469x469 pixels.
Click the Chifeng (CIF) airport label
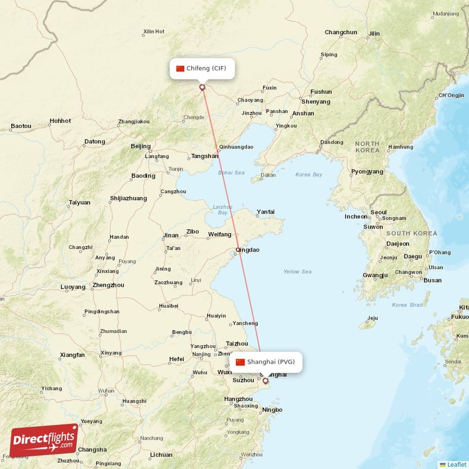(x=202, y=69)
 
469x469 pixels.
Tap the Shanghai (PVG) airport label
(x=267, y=362)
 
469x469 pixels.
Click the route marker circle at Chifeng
(x=202, y=87)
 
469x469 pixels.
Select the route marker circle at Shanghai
(x=265, y=381)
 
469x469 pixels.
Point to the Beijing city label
(x=141, y=146)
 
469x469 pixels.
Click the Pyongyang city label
(x=366, y=172)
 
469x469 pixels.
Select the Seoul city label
(x=378, y=212)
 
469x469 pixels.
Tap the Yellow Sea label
(x=297, y=271)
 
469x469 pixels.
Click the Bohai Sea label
(x=231, y=173)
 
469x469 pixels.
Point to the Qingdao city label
(x=247, y=250)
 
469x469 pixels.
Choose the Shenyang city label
(x=316, y=101)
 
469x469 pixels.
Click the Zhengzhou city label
(x=108, y=286)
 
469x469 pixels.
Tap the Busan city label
(x=432, y=280)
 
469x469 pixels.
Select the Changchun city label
(x=341, y=32)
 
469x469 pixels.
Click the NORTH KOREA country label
(x=367, y=147)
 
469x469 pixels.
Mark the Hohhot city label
(x=60, y=121)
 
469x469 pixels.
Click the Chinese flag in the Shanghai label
(x=240, y=362)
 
